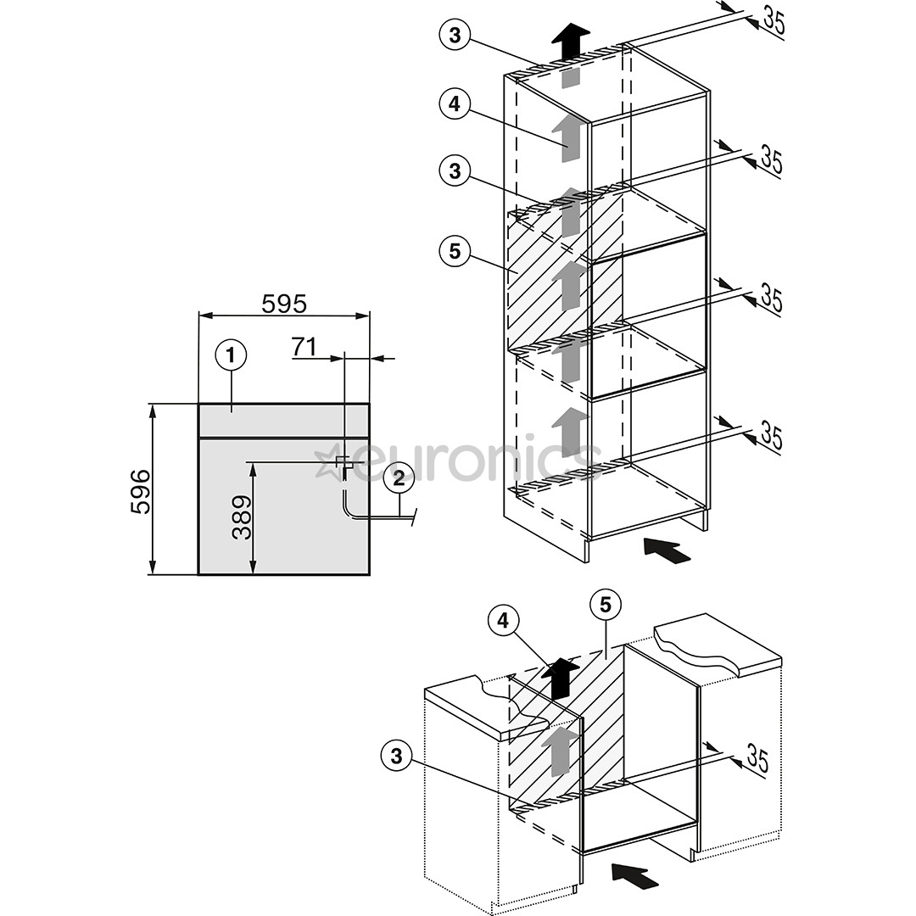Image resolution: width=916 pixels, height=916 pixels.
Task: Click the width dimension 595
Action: click(x=283, y=303)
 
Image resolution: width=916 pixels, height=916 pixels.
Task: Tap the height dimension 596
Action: click(x=141, y=490)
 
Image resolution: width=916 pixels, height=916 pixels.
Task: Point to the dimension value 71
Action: click(x=304, y=346)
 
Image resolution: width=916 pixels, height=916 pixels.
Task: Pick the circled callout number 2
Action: click(x=395, y=478)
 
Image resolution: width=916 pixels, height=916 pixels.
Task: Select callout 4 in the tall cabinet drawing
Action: click(x=455, y=104)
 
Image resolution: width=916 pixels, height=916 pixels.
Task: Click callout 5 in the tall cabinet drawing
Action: click(x=455, y=250)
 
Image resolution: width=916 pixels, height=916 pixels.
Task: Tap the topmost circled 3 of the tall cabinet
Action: click(x=455, y=35)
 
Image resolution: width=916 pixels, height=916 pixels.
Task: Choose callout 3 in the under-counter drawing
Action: click(x=396, y=755)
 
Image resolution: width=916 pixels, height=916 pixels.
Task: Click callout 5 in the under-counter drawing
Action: click(x=605, y=605)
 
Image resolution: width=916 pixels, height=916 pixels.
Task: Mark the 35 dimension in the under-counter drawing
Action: click(x=757, y=758)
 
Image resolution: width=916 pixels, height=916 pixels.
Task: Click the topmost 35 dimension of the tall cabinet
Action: click(x=773, y=20)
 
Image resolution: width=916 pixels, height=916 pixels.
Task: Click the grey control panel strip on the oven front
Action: click(x=283, y=420)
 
